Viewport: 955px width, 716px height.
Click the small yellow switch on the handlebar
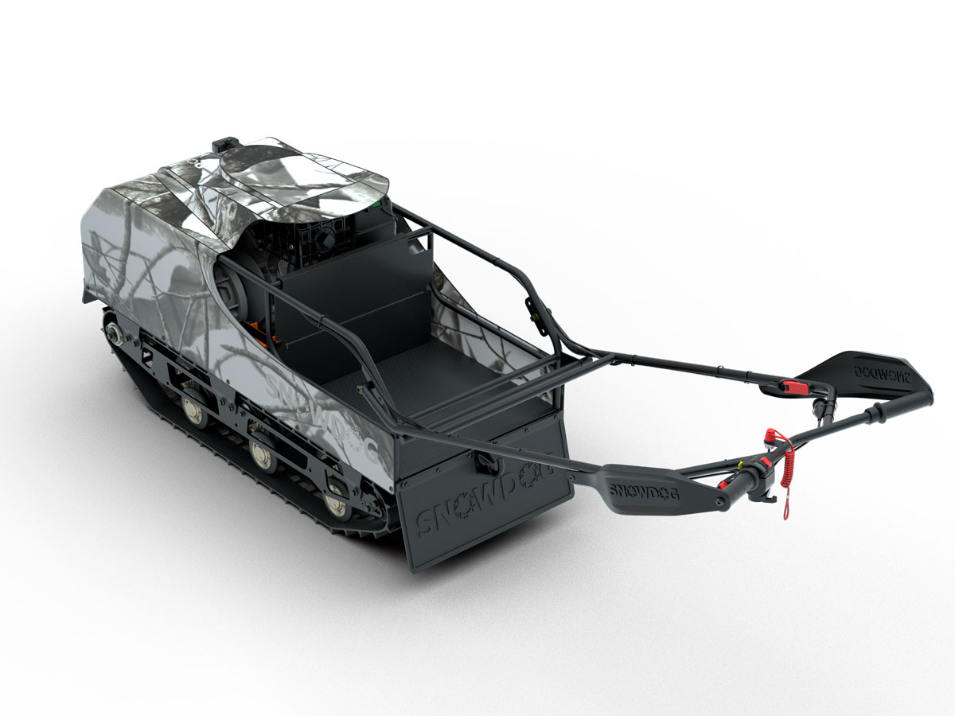[746, 464]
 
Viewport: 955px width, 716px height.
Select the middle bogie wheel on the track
[262, 454]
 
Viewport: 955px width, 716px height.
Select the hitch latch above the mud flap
[482, 461]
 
